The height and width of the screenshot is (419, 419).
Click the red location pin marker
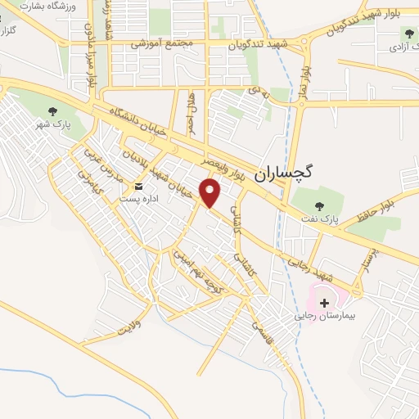point(211,193)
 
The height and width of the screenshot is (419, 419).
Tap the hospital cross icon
point(325,303)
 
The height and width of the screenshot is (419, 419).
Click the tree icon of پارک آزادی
point(408,34)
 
